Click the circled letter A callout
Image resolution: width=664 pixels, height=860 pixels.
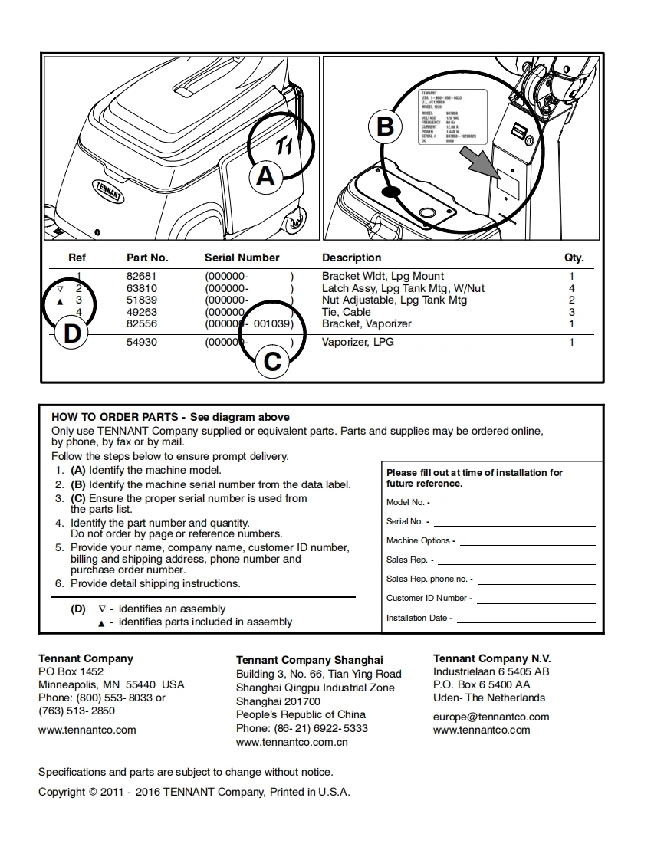265,176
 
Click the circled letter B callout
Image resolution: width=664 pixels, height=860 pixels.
385,126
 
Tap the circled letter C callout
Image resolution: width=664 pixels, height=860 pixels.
272,360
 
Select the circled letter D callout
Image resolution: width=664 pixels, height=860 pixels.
71,334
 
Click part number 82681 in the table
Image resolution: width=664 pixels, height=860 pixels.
141,276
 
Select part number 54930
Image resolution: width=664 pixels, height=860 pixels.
141,342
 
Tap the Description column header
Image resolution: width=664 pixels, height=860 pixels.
351,258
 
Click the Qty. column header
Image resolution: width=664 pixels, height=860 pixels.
574,258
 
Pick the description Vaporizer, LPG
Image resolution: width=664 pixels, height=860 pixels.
358,342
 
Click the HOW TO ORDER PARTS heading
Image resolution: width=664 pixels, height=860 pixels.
116,417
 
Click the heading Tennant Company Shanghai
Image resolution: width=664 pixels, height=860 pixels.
309,660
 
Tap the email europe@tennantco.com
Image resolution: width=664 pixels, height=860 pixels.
491,717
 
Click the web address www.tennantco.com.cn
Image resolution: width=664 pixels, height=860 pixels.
292,742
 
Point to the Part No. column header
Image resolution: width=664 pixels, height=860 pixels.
147,258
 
